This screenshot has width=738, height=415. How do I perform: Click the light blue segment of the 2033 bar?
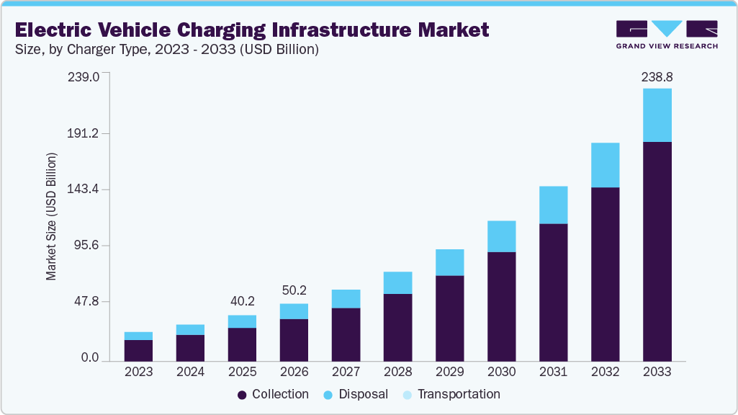pos(657,115)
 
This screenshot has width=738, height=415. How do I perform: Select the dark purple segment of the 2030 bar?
pos(501,306)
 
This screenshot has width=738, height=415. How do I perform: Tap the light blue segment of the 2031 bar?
pos(553,205)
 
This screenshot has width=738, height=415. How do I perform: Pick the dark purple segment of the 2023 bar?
pos(138,350)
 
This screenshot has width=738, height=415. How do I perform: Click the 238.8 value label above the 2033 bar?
pos(657,76)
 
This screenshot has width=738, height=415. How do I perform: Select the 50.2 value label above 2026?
pos(294,291)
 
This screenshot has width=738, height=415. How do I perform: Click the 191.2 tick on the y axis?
pos(85,133)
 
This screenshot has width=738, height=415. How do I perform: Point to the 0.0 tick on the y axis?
pos(90,358)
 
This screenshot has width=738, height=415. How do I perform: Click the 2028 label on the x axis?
pos(397,372)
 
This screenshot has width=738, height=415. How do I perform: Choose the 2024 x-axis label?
pos(190,372)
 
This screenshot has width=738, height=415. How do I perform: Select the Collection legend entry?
pos(274,395)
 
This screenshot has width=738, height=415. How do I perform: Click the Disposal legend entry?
pos(356,395)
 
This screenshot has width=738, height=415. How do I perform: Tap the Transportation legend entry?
pos(451,395)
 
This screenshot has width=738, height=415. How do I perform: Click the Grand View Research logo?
pos(667,34)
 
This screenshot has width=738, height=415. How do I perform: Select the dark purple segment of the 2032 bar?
pos(605,274)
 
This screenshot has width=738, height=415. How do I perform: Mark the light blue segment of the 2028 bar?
pos(397,282)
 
